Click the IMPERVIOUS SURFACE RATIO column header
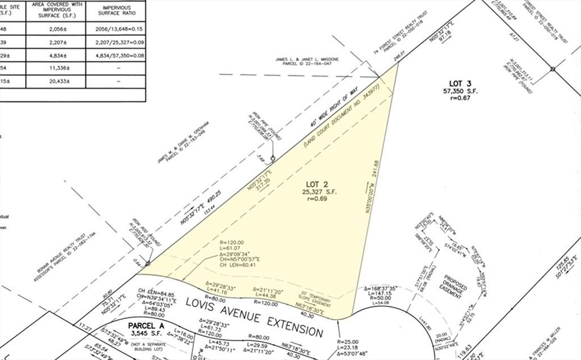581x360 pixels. coord(116,10)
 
